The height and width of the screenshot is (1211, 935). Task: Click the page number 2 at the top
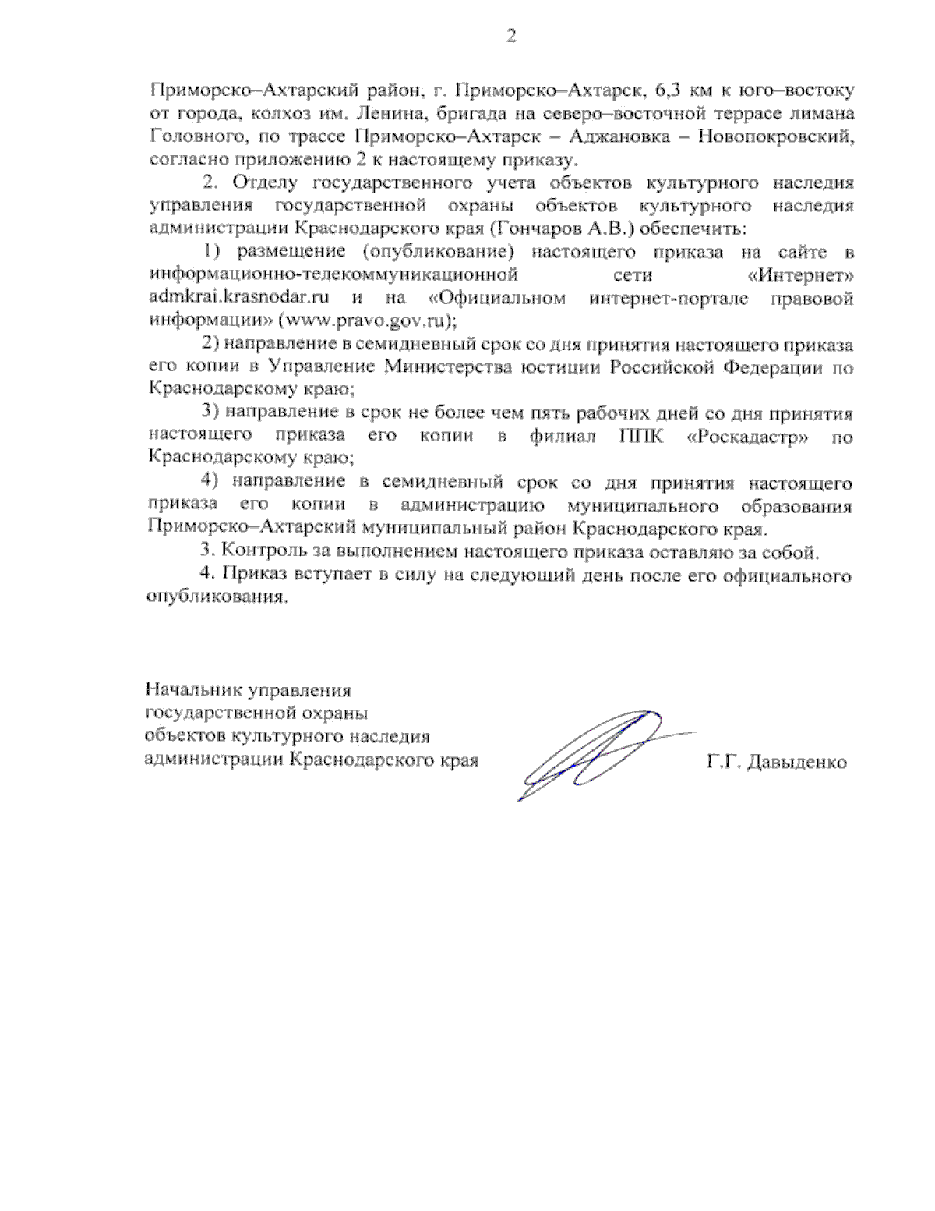[x=510, y=37]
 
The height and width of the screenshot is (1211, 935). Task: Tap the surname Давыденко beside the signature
[x=796, y=762]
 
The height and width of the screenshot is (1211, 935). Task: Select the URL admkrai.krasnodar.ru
[x=239, y=298]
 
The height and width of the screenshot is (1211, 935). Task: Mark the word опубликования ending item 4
[x=214, y=598]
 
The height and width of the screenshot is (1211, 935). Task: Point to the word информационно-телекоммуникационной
[x=333, y=275]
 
